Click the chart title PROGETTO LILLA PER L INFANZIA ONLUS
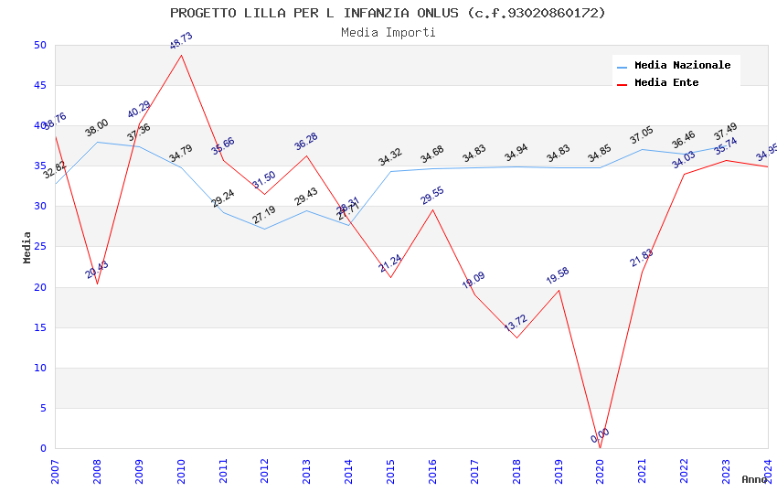[388, 13]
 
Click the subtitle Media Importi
[388, 32]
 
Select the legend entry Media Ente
[666, 82]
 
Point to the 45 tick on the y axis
[39, 86]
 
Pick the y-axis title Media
[27, 248]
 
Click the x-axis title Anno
[754, 479]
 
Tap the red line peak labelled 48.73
[181, 55]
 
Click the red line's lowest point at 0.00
[601, 448]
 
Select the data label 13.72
[516, 323]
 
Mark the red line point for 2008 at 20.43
[97, 284]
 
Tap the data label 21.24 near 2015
[390, 264]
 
